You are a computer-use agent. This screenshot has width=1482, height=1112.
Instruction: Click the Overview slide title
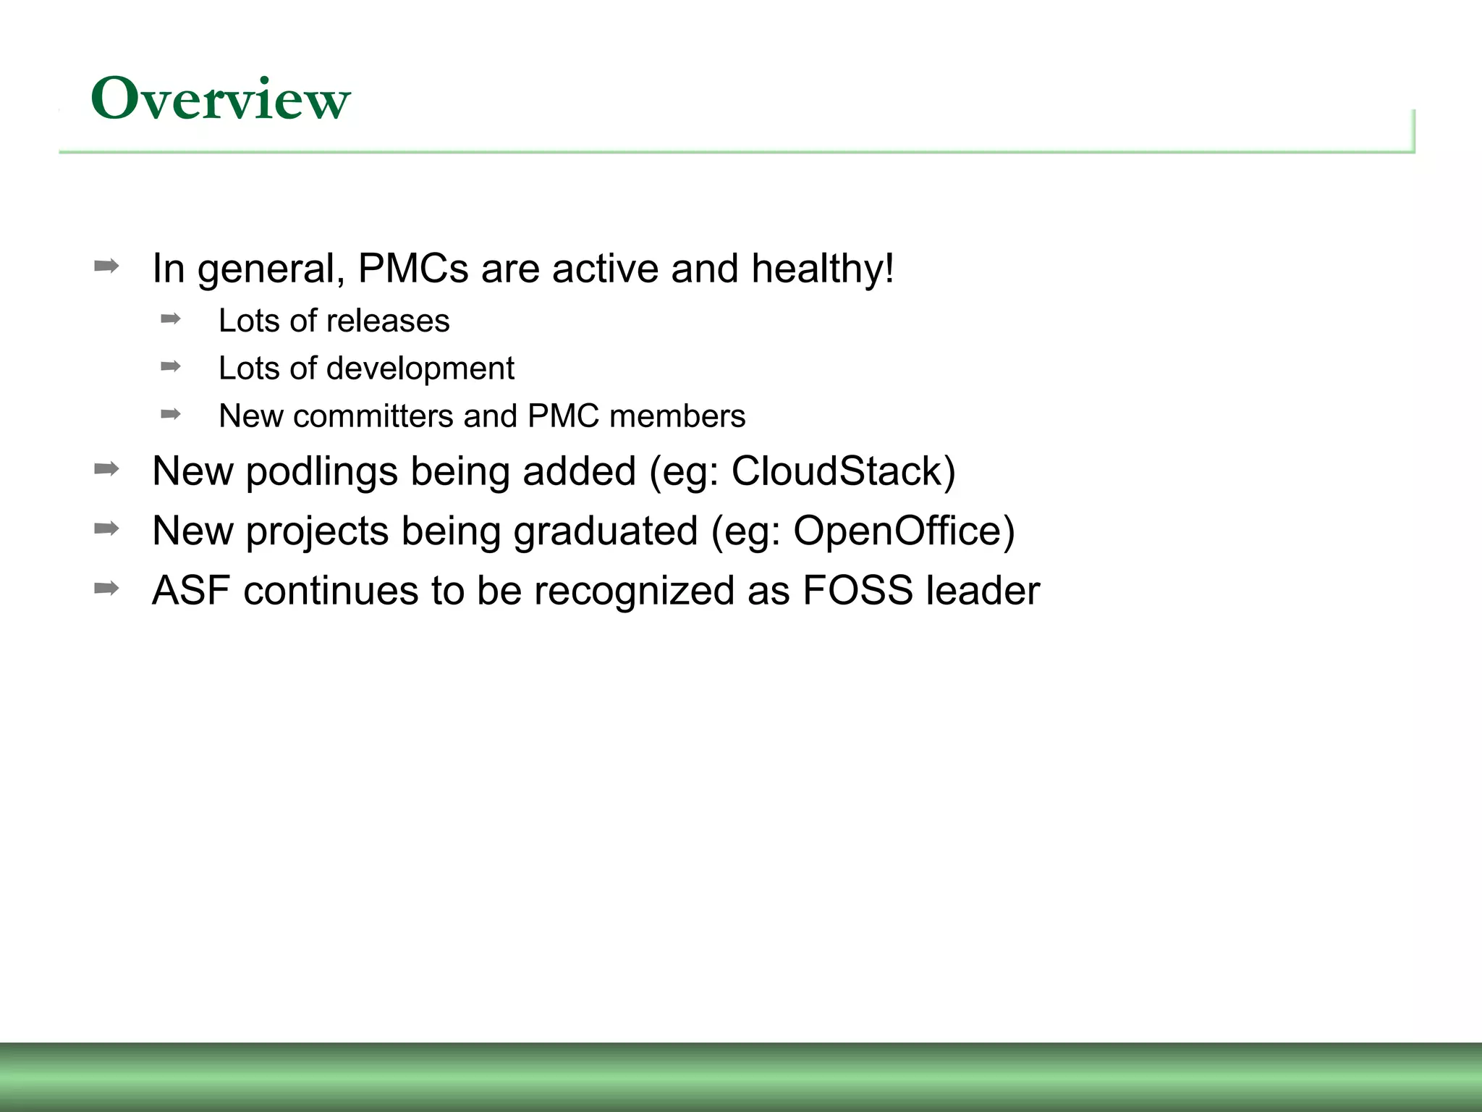tap(220, 99)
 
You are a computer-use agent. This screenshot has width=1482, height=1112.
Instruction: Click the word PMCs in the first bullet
tap(413, 269)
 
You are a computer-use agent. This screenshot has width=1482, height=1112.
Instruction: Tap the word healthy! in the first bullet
tap(823, 269)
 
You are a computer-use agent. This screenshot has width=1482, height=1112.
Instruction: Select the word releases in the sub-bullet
tap(389, 321)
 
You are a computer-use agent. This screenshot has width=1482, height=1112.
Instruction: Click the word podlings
tap(321, 471)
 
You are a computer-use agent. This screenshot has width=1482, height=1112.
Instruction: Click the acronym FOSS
tap(858, 590)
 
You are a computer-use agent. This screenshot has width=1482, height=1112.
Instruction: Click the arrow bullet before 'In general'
tap(106, 266)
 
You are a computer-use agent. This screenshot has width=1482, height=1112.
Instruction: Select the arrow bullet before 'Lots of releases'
tap(171, 319)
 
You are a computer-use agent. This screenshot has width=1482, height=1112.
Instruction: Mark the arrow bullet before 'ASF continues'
tap(106, 588)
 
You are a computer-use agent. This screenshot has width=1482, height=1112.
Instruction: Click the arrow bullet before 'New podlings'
tap(106, 469)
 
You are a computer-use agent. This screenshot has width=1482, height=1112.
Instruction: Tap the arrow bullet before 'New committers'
tap(171, 414)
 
